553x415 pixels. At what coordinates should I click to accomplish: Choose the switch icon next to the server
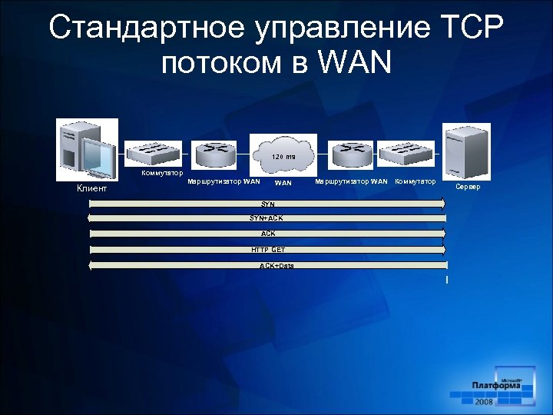pyautogui.click(x=408, y=153)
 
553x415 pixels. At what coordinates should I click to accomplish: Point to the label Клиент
pyautogui.click(x=92, y=188)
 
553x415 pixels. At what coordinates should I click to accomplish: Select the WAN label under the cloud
pyautogui.click(x=283, y=183)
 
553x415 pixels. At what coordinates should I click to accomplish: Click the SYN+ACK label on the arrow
pyautogui.click(x=267, y=218)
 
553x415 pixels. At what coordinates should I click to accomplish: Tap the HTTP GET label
pyautogui.click(x=268, y=250)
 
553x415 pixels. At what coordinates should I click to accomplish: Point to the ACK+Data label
pyautogui.click(x=276, y=266)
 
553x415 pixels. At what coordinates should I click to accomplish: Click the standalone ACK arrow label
pyautogui.click(x=268, y=234)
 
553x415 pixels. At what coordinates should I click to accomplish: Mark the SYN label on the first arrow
pyautogui.click(x=268, y=204)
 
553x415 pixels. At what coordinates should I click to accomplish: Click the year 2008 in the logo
pyautogui.click(x=484, y=402)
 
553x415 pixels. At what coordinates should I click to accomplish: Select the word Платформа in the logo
pyautogui.click(x=496, y=386)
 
